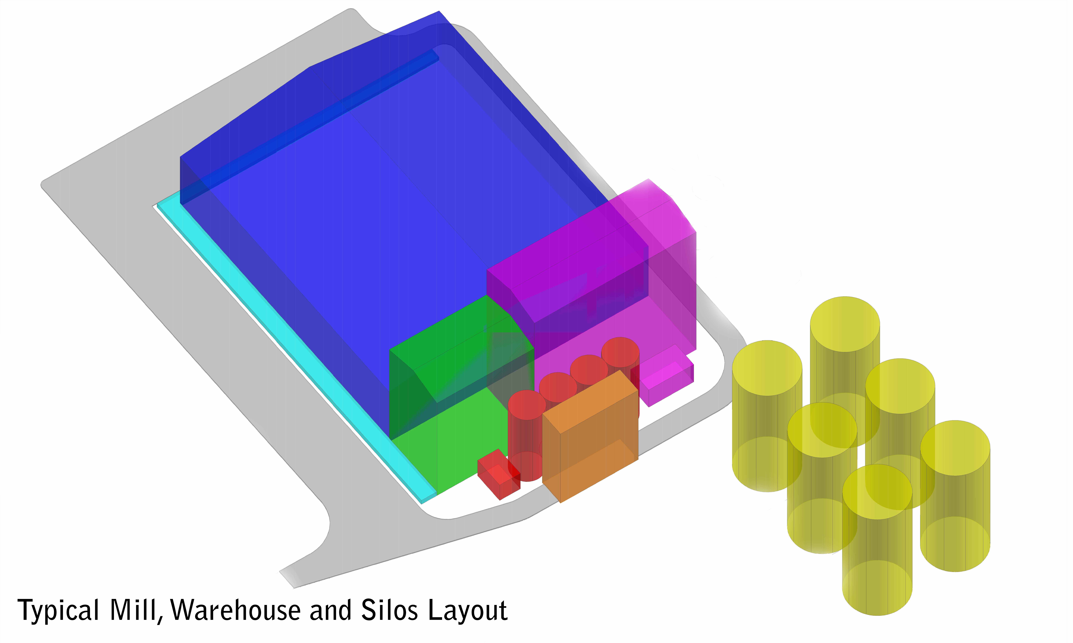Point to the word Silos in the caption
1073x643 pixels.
pos(389,610)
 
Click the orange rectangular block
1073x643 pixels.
pos(590,436)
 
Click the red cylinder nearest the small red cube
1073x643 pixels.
pos(526,435)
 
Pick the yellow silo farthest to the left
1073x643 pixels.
pos(767,416)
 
